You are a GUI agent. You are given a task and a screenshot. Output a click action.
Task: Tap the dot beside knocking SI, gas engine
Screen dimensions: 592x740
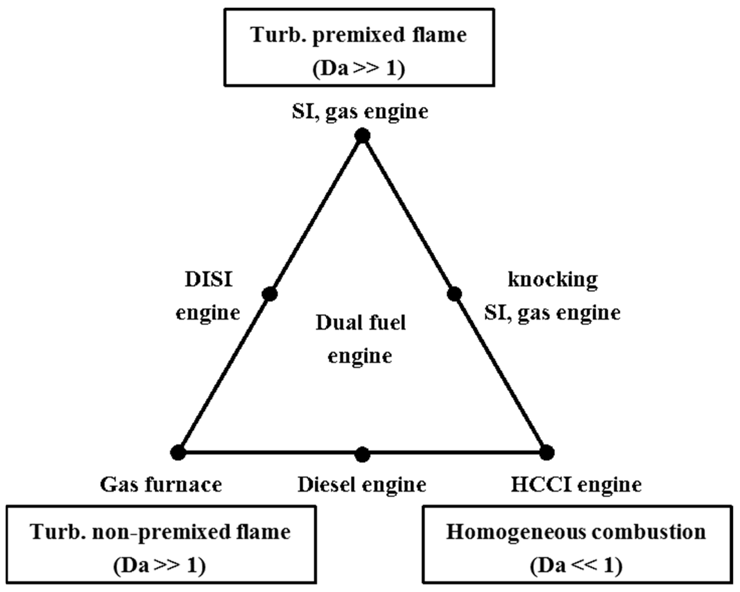[x=454, y=294]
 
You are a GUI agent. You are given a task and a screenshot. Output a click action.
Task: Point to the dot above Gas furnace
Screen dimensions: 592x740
[x=178, y=453]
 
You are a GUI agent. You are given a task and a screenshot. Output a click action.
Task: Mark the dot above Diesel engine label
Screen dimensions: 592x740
[x=362, y=455]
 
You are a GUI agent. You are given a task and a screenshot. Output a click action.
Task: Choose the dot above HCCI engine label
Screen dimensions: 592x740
[x=547, y=452]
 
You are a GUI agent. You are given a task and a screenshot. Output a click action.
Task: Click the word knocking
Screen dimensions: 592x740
[x=553, y=280]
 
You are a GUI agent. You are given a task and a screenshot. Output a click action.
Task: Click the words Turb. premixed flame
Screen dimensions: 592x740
[x=359, y=35]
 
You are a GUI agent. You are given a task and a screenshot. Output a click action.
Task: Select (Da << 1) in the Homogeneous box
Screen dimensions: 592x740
[x=576, y=566]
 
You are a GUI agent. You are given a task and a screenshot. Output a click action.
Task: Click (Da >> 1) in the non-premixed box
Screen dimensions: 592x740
[x=159, y=566]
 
